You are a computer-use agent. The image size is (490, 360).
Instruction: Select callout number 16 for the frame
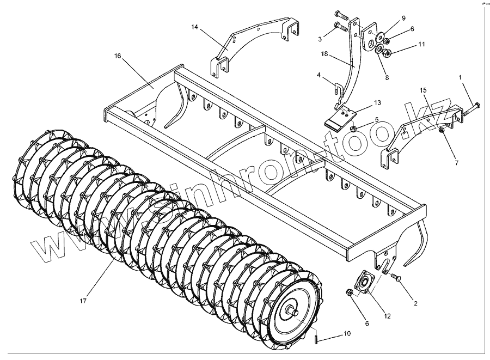click(117, 56)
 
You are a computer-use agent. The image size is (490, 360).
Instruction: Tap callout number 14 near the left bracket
click(195, 27)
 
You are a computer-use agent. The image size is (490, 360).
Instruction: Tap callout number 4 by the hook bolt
click(318, 75)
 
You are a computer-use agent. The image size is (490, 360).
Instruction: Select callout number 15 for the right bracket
click(423, 90)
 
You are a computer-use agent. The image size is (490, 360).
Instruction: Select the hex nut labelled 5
click(354, 129)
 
